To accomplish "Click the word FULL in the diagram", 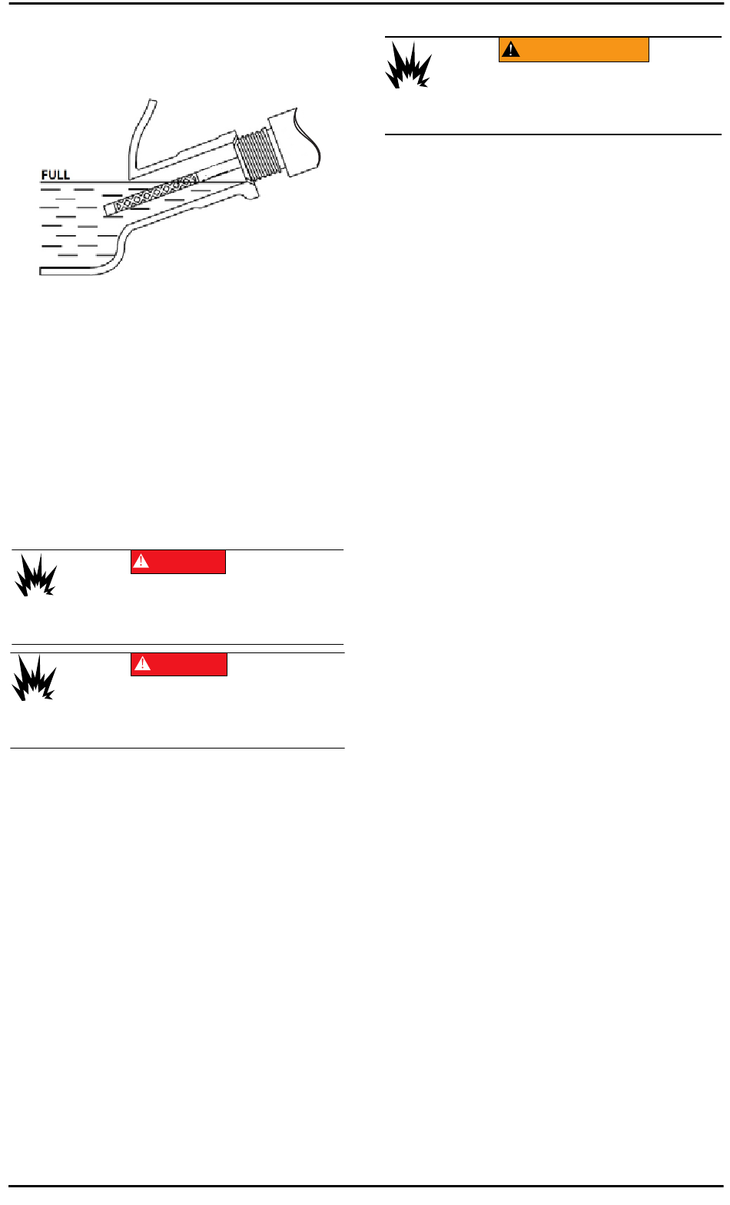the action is pyautogui.click(x=55, y=175).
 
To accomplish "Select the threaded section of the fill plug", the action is pyautogui.click(x=257, y=154).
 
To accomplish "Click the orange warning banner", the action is pyautogui.click(x=573, y=49).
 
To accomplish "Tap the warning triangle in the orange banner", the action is pyautogui.click(x=510, y=50).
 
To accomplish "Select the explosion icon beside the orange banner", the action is pyautogui.click(x=408, y=65).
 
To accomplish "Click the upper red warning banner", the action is pyautogui.click(x=178, y=562).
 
